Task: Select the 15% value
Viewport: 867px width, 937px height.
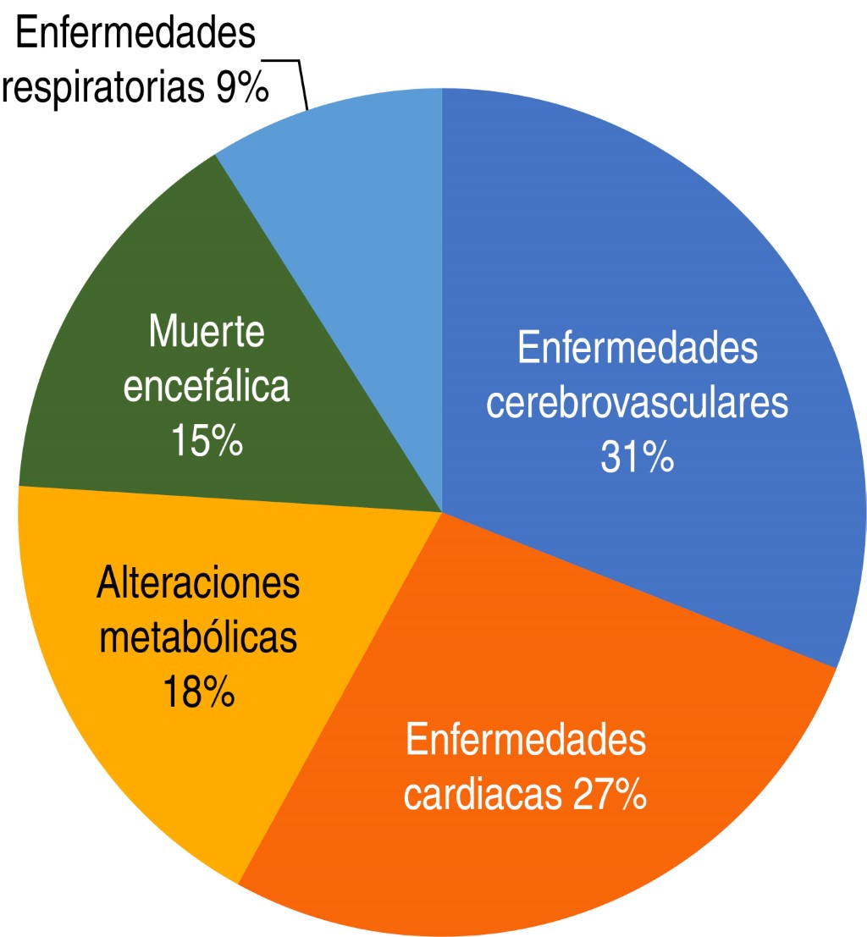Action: tap(206, 441)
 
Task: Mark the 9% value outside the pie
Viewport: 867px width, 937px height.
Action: tap(241, 88)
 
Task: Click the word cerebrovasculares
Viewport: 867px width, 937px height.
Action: tap(637, 404)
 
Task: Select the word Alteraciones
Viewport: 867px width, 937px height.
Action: tap(198, 584)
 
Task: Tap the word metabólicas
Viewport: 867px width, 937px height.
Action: tap(198, 638)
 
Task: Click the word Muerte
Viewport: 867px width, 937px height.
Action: tap(206, 333)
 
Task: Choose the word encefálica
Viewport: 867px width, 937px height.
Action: tap(206, 387)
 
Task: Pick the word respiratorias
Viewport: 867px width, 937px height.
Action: tap(105, 88)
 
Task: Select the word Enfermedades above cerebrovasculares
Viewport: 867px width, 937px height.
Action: tap(637, 350)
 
